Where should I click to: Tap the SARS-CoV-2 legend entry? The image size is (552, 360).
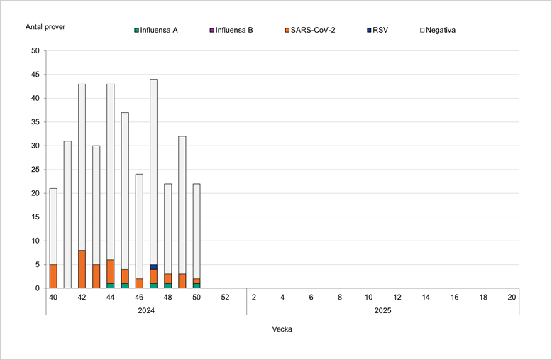pos(312,31)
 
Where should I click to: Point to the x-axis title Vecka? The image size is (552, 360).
pos(282,329)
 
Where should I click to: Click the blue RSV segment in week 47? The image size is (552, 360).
pos(153,267)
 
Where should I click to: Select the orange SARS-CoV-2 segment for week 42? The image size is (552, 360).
pos(82,269)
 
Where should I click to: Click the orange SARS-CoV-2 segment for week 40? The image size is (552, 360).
pos(53,276)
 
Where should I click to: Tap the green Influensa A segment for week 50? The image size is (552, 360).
pos(197,285)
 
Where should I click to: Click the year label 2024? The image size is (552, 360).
pos(145,310)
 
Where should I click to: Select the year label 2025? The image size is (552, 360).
pos(382,310)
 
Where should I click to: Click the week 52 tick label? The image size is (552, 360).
pos(225,297)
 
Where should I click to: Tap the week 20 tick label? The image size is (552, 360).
pos(512,297)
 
